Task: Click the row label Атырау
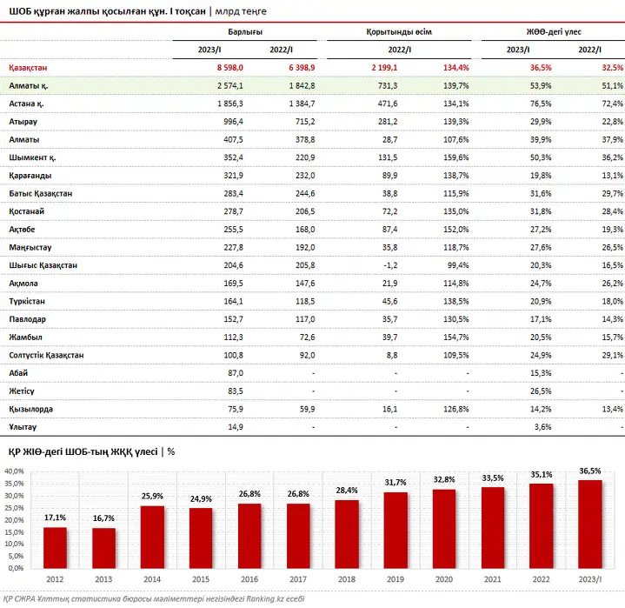click(x=23, y=122)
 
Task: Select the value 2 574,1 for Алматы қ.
click(x=230, y=86)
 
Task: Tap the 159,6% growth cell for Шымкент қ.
click(x=456, y=157)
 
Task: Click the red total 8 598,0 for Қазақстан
click(x=230, y=68)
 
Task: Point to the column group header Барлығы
click(x=245, y=32)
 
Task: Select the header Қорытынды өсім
click(x=399, y=32)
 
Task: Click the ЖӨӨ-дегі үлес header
click(x=554, y=32)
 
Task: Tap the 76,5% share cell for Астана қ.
click(x=541, y=104)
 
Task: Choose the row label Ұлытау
click(x=23, y=427)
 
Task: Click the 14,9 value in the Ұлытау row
click(x=236, y=427)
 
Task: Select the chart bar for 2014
click(x=152, y=537)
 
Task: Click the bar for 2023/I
click(x=590, y=524)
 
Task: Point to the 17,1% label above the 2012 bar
click(x=55, y=518)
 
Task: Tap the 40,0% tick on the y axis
click(x=15, y=471)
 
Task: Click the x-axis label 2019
click(x=395, y=579)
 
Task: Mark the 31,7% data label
click(x=395, y=483)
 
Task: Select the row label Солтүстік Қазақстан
click(x=46, y=355)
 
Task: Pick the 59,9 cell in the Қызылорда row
click(x=308, y=409)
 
